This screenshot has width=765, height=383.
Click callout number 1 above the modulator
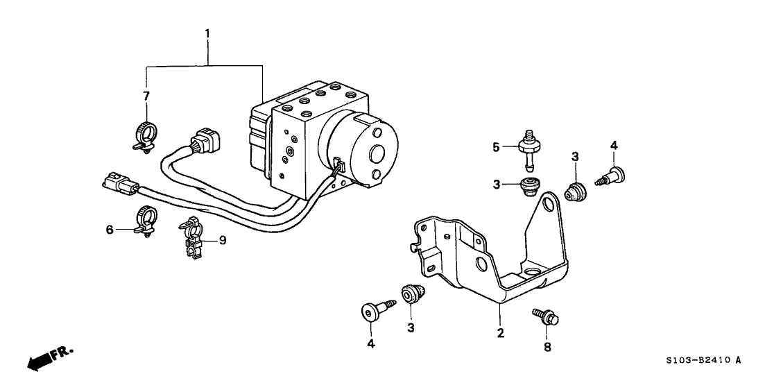[205, 33]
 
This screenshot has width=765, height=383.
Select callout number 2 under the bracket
[499, 334]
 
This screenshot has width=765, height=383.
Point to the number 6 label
[110, 229]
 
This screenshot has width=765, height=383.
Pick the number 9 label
[222, 241]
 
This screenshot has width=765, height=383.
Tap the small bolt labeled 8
[546, 316]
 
